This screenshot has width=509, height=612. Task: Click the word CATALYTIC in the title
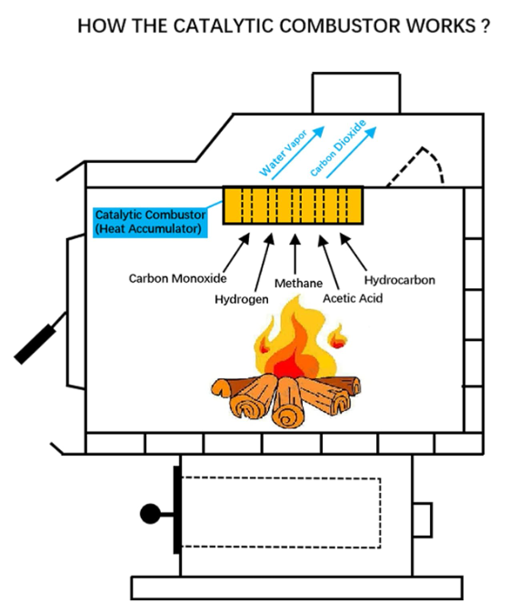pyautogui.click(x=224, y=26)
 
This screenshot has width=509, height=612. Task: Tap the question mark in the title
pyautogui.click(x=484, y=26)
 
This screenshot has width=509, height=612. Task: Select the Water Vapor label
pyautogui.click(x=284, y=153)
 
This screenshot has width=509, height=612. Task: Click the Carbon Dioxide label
pyautogui.click(x=338, y=148)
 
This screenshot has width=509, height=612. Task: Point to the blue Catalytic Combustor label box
pyautogui.click(x=151, y=222)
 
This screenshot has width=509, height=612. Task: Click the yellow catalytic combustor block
pyautogui.click(x=294, y=206)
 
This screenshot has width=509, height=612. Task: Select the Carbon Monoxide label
pyautogui.click(x=177, y=278)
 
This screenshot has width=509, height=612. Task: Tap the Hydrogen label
pyautogui.click(x=242, y=299)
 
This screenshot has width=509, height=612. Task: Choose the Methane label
pyautogui.click(x=298, y=283)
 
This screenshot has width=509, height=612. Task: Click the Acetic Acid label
pyautogui.click(x=353, y=298)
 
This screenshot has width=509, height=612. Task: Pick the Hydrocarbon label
pyautogui.click(x=399, y=280)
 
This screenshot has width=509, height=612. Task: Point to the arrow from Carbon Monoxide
pyautogui.click(x=236, y=253)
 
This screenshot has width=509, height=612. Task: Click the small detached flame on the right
pyautogui.click(x=338, y=337)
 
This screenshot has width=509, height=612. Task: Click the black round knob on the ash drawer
pyautogui.click(x=150, y=514)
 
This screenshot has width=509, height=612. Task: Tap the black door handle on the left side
pyautogui.click(x=35, y=344)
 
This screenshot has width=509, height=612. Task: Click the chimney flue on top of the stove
pyautogui.click(x=356, y=93)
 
